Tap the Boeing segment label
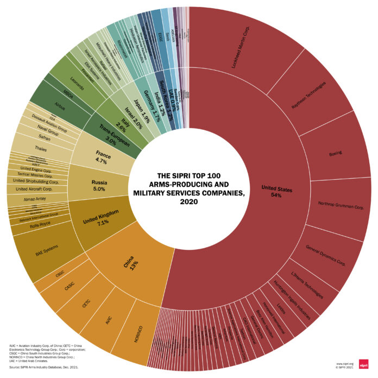(x=336, y=154)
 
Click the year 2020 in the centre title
(x=188, y=203)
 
